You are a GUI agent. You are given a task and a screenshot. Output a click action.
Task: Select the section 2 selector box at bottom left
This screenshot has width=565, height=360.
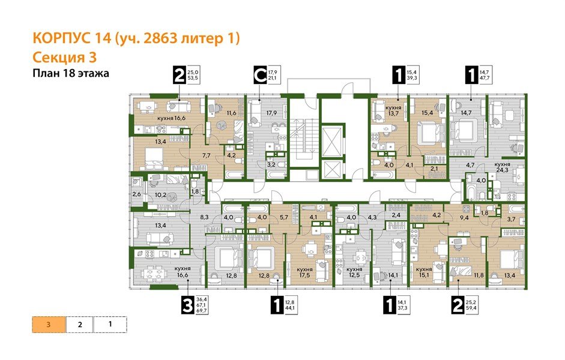(x=79, y=325)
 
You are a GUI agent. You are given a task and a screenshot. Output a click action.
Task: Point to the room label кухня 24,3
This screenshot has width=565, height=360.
(x=502, y=167)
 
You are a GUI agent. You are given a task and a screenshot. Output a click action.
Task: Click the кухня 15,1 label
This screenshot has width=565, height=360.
(x=425, y=273)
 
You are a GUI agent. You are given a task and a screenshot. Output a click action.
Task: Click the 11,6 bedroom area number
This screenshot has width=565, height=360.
(x=232, y=113)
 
